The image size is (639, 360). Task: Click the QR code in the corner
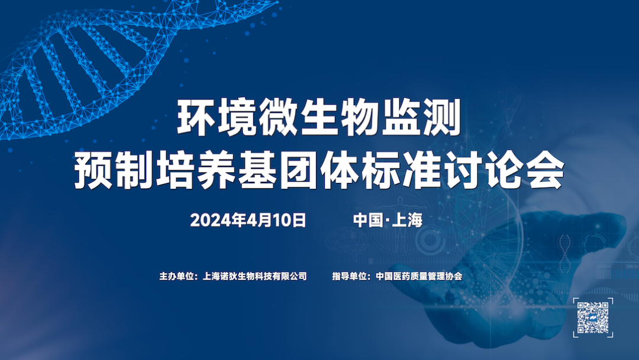pos(593,317)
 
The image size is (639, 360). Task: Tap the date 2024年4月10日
pos(248,221)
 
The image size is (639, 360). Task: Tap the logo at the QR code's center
pos(593,317)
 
